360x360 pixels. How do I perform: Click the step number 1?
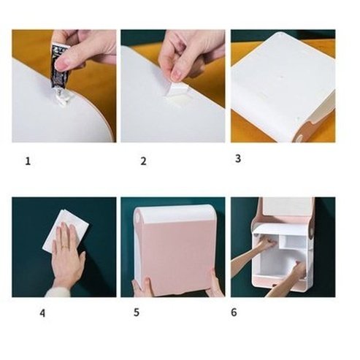[x=28, y=161]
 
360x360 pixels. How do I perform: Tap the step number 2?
[x=143, y=161]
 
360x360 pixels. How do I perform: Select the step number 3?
[x=237, y=158]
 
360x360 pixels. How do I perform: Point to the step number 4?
[x=42, y=314]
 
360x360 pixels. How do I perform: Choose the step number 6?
[x=234, y=313]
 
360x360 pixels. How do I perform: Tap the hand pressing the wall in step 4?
[x=68, y=256]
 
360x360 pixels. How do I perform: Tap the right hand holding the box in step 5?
[x=212, y=281]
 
